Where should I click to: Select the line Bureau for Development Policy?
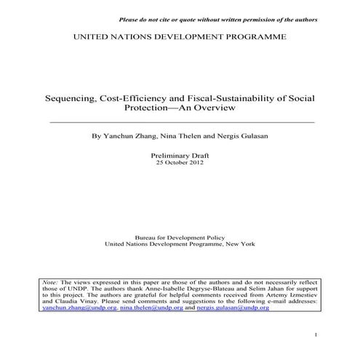tap(180, 238)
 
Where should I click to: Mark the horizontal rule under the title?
tap(181, 121)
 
